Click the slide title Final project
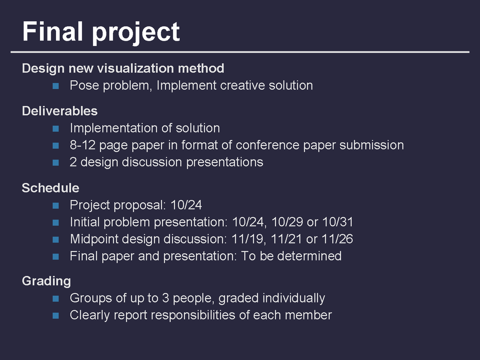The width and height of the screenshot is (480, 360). pyautogui.click(x=101, y=32)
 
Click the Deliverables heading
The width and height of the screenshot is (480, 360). pyautogui.click(x=60, y=111)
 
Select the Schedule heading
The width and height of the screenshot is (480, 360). pyautogui.click(x=51, y=188)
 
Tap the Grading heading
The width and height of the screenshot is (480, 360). pyautogui.click(x=47, y=281)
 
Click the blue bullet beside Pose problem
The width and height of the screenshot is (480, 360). pyautogui.click(x=56, y=86)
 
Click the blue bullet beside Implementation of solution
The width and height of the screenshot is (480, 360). pyautogui.click(x=56, y=128)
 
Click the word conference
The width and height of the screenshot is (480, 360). pyautogui.click(x=267, y=145)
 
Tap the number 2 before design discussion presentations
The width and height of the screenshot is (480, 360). pyautogui.click(x=73, y=162)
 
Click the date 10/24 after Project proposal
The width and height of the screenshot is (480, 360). pyautogui.click(x=186, y=205)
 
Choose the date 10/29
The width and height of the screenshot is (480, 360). pyautogui.click(x=287, y=222)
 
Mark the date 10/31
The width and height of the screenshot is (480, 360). pyautogui.click(x=338, y=222)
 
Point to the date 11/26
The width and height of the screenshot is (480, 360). pyautogui.click(x=337, y=239)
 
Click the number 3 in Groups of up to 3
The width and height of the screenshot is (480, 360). pyautogui.click(x=166, y=298)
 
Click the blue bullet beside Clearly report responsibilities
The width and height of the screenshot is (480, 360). pyautogui.click(x=56, y=315)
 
